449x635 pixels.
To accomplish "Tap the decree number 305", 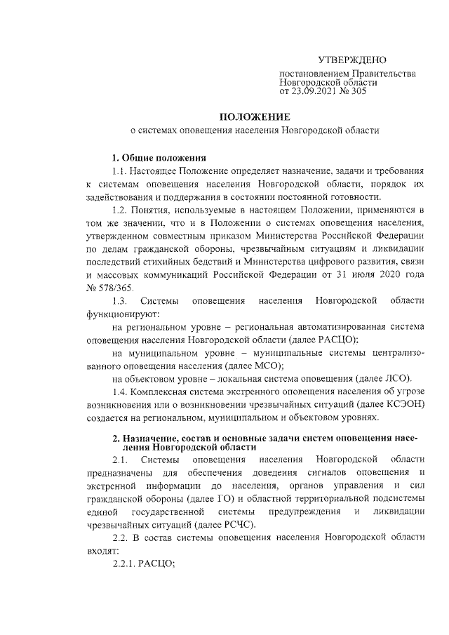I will point(358,91).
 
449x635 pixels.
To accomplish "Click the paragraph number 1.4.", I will point(119,393).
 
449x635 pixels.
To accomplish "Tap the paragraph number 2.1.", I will point(121,459).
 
